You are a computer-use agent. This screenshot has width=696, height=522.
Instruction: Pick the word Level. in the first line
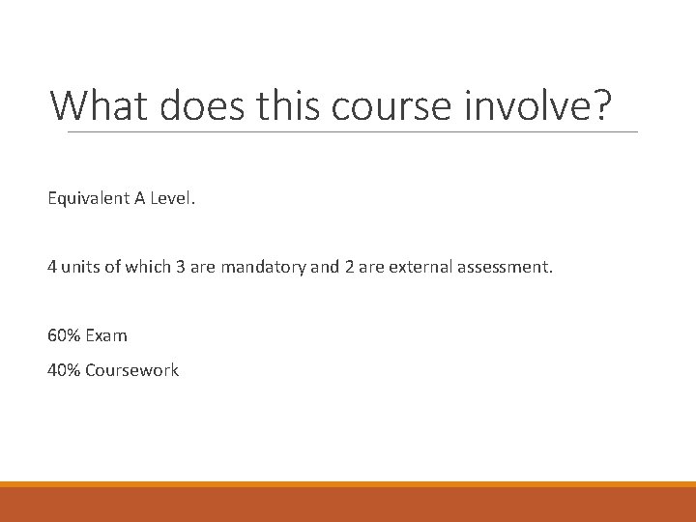[172, 198]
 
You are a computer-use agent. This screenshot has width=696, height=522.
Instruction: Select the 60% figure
[64, 335]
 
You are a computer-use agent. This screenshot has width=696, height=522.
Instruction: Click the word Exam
[106, 335]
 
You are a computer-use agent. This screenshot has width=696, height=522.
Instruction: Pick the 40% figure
[64, 370]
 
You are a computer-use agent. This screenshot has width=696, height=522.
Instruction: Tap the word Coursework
[131, 370]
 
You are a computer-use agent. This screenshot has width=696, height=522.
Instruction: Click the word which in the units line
[148, 267]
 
